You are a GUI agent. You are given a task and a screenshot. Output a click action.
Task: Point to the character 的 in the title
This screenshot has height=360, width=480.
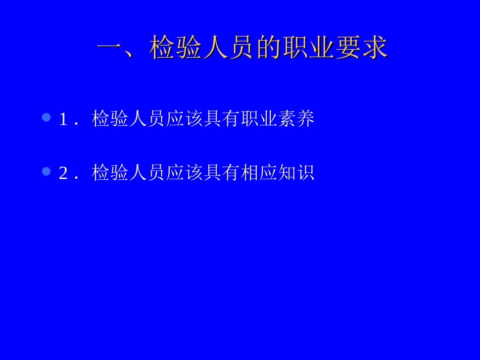point(268,48)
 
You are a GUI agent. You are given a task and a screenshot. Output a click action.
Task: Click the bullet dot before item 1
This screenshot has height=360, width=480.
point(46,118)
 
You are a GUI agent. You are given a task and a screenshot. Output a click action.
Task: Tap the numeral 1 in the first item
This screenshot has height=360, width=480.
point(63,119)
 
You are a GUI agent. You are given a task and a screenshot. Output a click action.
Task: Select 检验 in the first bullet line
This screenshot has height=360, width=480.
point(110,119)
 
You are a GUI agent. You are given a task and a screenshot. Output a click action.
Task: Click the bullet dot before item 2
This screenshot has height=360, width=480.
point(46,172)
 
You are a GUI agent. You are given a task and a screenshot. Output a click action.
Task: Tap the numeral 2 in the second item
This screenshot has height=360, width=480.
point(63,173)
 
